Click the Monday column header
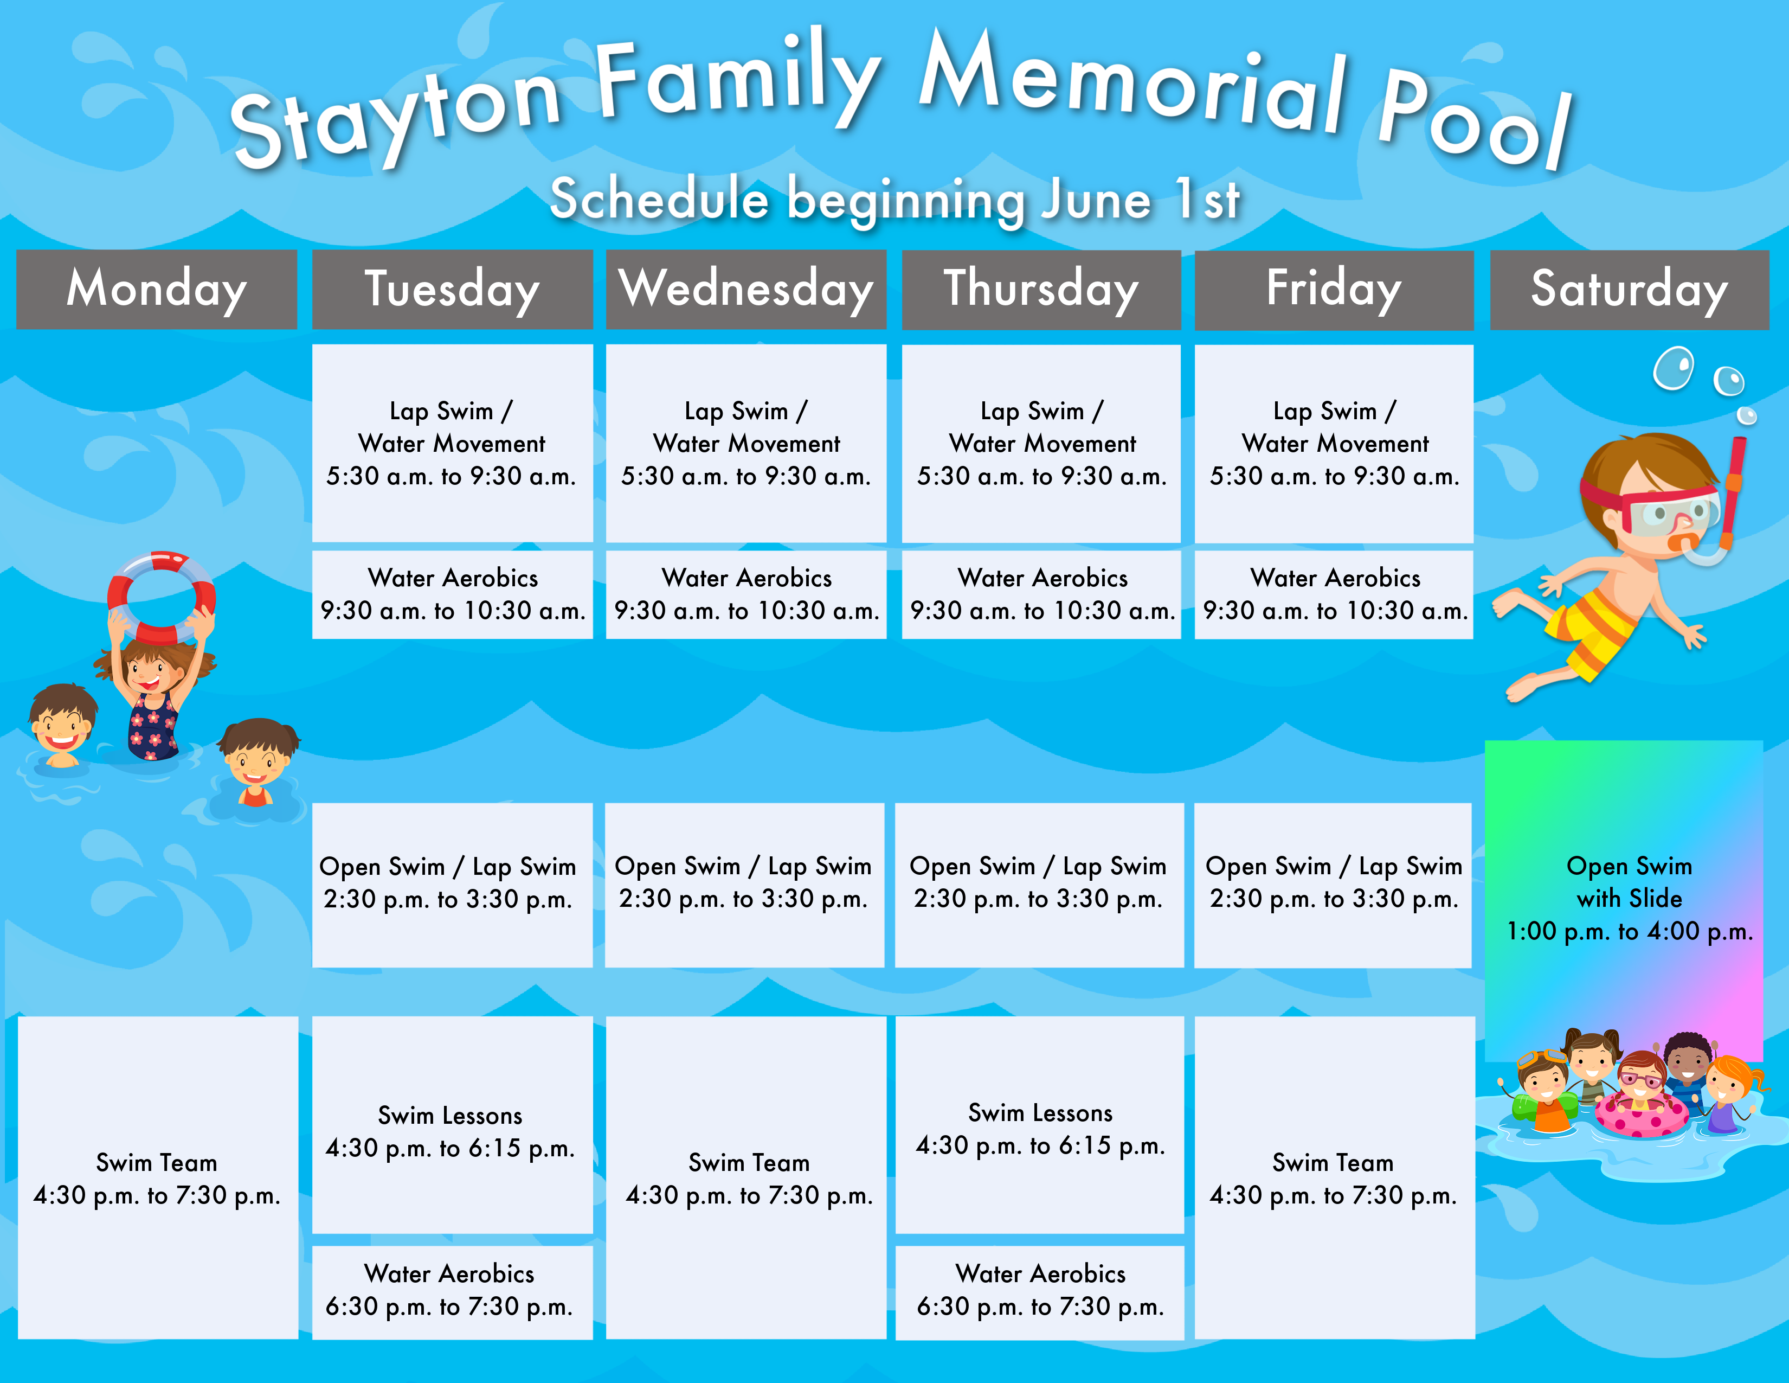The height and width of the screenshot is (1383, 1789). (157, 289)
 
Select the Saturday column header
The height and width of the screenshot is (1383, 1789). (1629, 289)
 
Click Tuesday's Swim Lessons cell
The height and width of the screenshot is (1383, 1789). (452, 1125)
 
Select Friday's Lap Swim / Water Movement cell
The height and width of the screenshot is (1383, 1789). (1334, 443)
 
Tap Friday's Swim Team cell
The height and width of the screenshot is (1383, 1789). (1334, 1178)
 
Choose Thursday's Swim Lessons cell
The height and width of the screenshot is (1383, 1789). (1039, 1125)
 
